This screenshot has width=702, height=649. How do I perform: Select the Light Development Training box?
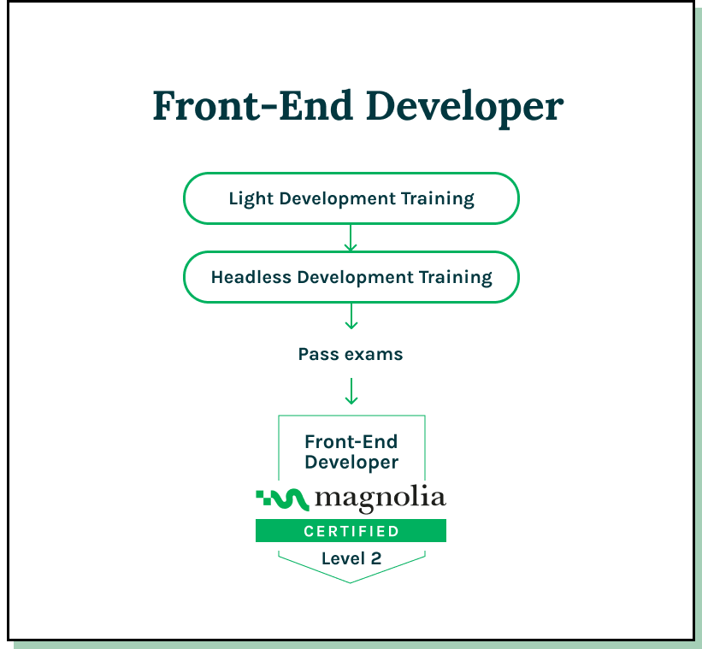(351, 198)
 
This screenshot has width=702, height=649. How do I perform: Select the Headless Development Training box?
(351, 277)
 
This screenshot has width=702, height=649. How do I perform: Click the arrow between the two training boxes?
(351, 238)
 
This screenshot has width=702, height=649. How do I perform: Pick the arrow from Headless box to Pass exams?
(351, 316)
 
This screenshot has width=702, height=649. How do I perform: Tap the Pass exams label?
(351, 354)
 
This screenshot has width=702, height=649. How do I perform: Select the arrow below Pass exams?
(351, 391)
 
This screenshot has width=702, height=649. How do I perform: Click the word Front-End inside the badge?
(351, 442)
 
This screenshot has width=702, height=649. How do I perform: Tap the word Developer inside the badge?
(351, 463)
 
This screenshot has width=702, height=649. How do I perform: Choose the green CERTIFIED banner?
(351, 531)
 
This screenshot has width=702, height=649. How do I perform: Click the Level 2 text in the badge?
(351, 559)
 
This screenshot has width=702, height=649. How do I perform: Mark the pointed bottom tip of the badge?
(351, 581)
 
